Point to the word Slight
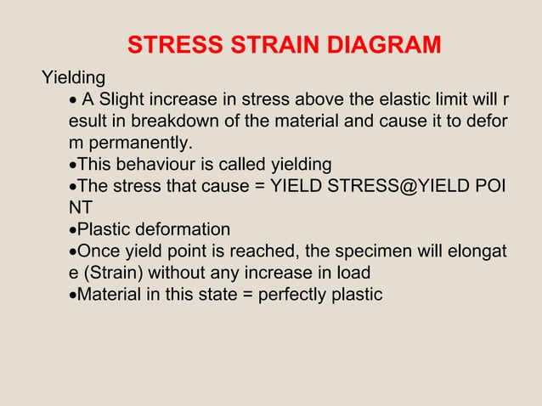click(126, 101)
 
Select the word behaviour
click(160, 163)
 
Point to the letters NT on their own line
click(81, 206)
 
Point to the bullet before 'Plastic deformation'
click(73, 230)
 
